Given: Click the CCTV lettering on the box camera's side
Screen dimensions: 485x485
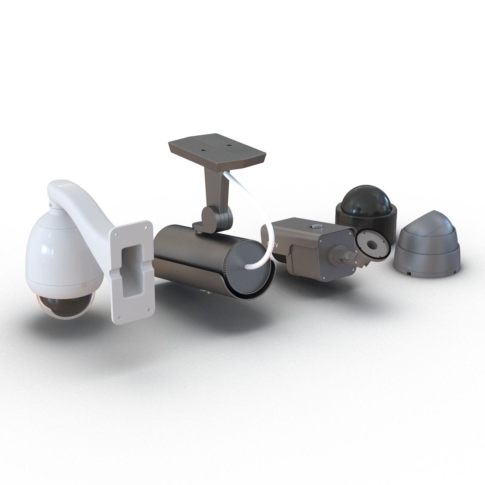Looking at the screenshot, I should coord(273,244).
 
